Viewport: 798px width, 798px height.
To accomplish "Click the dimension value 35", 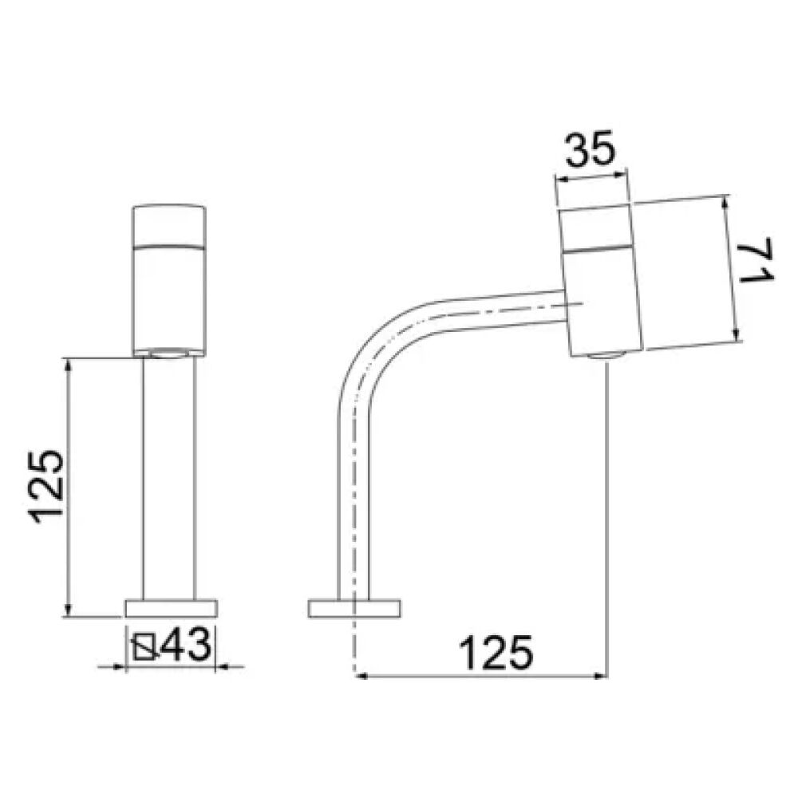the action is pyautogui.click(x=591, y=150).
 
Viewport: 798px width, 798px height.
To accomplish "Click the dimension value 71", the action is pyautogui.click(x=757, y=260).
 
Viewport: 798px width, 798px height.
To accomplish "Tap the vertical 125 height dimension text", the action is pyautogui.click(x=47, y=487).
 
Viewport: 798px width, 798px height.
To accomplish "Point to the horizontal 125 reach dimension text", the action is pyautogui.click(x=496, y=653).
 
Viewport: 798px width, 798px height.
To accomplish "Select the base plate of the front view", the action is pyautogui.click(x=171, y=609).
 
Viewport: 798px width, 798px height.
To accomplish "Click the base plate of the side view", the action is pyautogui.click(x=354, y=609).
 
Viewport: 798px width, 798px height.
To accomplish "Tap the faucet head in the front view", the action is pyautogui.click(x=169, y=280).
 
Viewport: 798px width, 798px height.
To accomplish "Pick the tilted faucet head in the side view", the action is pyautogui.click(x=602, y=281).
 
